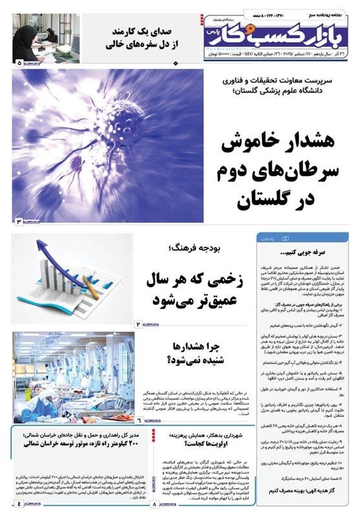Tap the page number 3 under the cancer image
point(19,222)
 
